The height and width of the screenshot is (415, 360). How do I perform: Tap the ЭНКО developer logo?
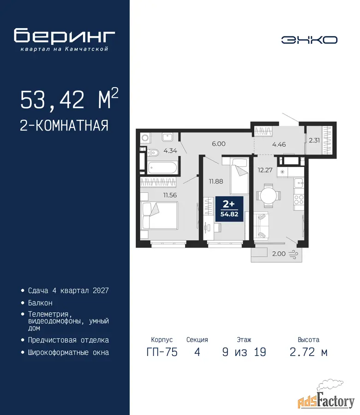click(x=309, y=40)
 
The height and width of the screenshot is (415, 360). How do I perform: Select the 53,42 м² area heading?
click(x=69, y=99)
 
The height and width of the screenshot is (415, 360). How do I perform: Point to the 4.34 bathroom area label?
click(x=170, y=151)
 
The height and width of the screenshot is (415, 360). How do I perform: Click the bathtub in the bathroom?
click(x=162, y=167)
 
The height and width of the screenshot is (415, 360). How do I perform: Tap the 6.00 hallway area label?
click(x=219, y=144)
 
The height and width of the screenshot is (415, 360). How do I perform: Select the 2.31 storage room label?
click(x=314, y=140)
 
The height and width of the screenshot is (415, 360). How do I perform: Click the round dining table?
click(x=268, y=196)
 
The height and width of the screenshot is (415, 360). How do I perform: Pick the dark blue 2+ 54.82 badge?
click(x=229, y=209)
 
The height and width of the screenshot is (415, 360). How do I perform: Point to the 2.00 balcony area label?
click(x=279, y=254)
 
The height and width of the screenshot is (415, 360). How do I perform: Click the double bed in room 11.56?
click(x=159, y=215)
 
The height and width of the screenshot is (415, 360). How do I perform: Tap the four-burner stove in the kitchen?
click(x=299, y=200)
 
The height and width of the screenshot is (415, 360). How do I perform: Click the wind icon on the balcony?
click(x=293, y=254)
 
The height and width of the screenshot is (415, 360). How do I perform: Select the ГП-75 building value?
click(x=162, y=352)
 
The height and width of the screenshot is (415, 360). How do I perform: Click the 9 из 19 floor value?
click(x=244, y=352)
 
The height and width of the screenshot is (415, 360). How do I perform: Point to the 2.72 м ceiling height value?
click(x=309, y=352)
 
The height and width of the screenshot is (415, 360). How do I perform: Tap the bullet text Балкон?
click(x=40, y=302)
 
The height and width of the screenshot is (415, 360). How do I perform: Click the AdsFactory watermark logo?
click(x=326, y=397)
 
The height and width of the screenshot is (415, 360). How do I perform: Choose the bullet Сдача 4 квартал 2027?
click(x=68, y=290)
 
